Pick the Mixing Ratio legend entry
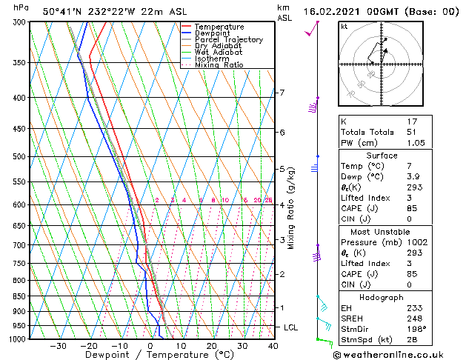pyautogui.click(x=219, y=65)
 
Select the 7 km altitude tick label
pyautogui.click(x=281, y=93)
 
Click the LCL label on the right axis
pyautogui.click(x=291, y=327)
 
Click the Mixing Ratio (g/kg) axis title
pyautogui.click(x=291, y=207)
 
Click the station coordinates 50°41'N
pyautogui.click(x=62, y=11)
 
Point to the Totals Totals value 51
pyautogui.click(x=411, y=132)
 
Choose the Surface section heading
pyautogui.click(x=382, y=156)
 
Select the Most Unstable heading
pyautogui.click(x=382, y=232)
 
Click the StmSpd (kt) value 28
pyautogui.click(x=412, y=339)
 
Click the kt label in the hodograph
pyautogui.click(x=344, y=26)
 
